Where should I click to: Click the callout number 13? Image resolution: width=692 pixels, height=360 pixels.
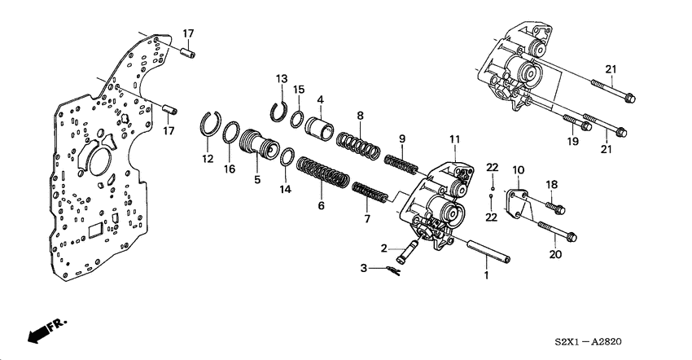pyautogui.click(x=281, y=78)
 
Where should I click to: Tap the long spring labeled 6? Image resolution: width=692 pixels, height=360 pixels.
pyautogui.click(x=321, y=173)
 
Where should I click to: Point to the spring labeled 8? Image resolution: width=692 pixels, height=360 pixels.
pyautogui.click(x=358, y=145)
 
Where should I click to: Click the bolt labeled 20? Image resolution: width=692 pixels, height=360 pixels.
pyautogui.click(x=559, y=231)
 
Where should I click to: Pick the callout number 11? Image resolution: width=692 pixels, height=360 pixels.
pyautogui.click(x=454, y=139)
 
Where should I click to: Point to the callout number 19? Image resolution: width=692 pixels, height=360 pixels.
pyautogui.click(x=572, y=141)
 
